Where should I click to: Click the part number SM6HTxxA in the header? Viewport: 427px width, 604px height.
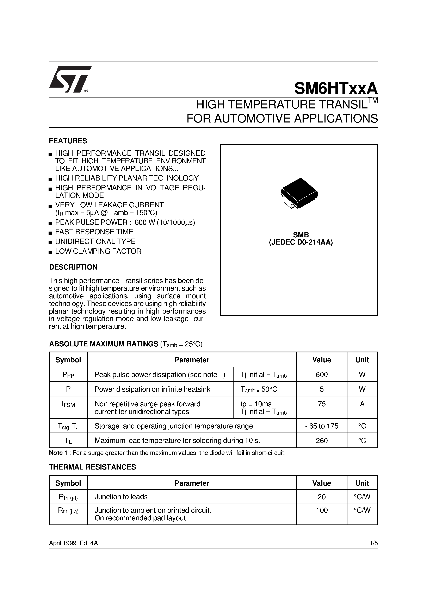(x=336, y=88)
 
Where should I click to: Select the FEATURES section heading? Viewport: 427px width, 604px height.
(x=68, y=141)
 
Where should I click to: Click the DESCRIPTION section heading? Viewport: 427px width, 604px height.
(x=73, y=267)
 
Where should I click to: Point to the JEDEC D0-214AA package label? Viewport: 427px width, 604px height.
(x=301, y=243)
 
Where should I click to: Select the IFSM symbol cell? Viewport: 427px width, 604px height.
(x=68, y=404)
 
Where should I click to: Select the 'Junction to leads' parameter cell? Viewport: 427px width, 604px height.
(x=121, y=497)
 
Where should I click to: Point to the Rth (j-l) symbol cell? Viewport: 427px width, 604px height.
(x=68, y=497)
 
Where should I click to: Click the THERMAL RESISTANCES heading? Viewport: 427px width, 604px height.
(x=92, y=467)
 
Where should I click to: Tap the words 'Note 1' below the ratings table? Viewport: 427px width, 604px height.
(x=56, y=453)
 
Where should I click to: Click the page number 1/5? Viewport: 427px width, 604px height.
(x=373, y=543)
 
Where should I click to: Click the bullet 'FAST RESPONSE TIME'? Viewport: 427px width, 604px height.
(x=94, y=232)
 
